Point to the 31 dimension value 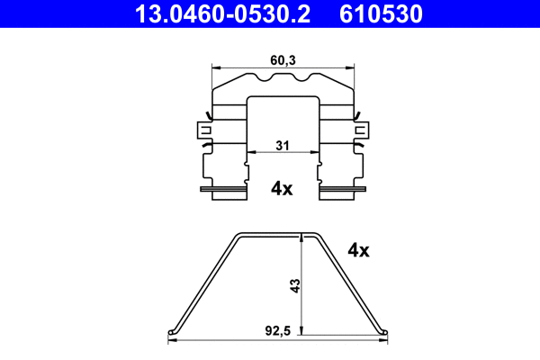pos(282,145)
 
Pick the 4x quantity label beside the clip pos(282,188)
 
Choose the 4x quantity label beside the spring pos(358,250)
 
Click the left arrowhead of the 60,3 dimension pos(215,66)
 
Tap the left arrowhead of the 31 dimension pos(251,153)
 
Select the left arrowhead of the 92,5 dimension pos(174,341)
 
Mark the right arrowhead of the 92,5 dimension pos(385,341)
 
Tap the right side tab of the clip pos(362,130)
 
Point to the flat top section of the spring pos(280,234)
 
